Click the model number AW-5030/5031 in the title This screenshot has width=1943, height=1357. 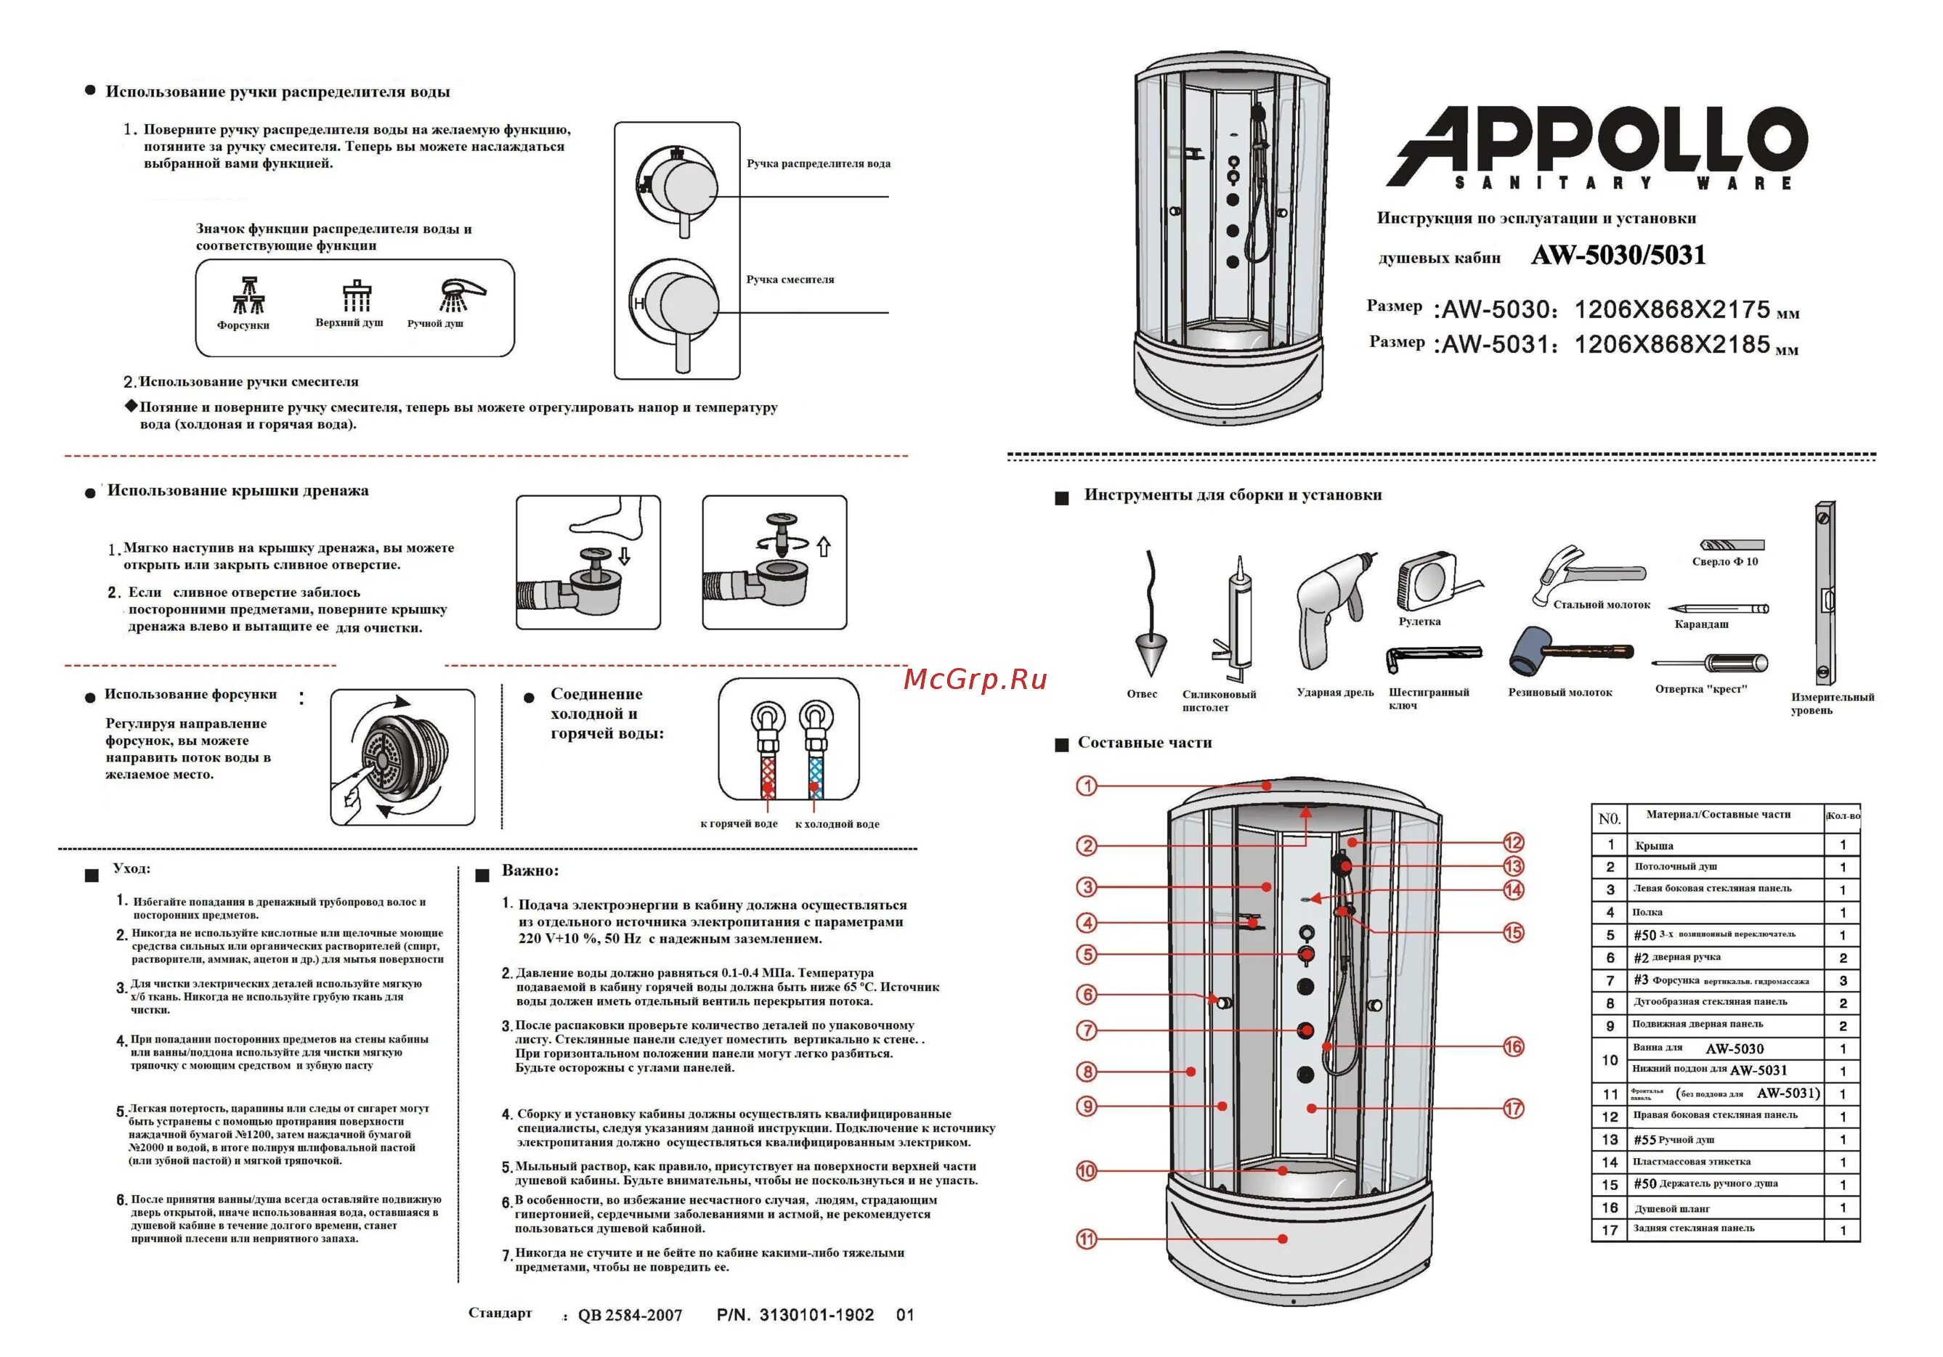tap(1618, 256)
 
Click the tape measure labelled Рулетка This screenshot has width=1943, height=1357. tap(1429, 582)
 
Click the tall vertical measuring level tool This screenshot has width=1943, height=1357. tap(1825, 593)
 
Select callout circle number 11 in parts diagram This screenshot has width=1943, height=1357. tap(1086, 1239)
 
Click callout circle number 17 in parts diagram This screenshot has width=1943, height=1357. tap(1513, 1108)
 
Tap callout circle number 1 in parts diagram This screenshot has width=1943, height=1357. tap(1087, 786)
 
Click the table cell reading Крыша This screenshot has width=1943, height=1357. tap(1654, 845)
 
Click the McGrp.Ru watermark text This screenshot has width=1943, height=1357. tap(975, 680)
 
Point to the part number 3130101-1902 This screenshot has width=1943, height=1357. tap(816, 1315)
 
